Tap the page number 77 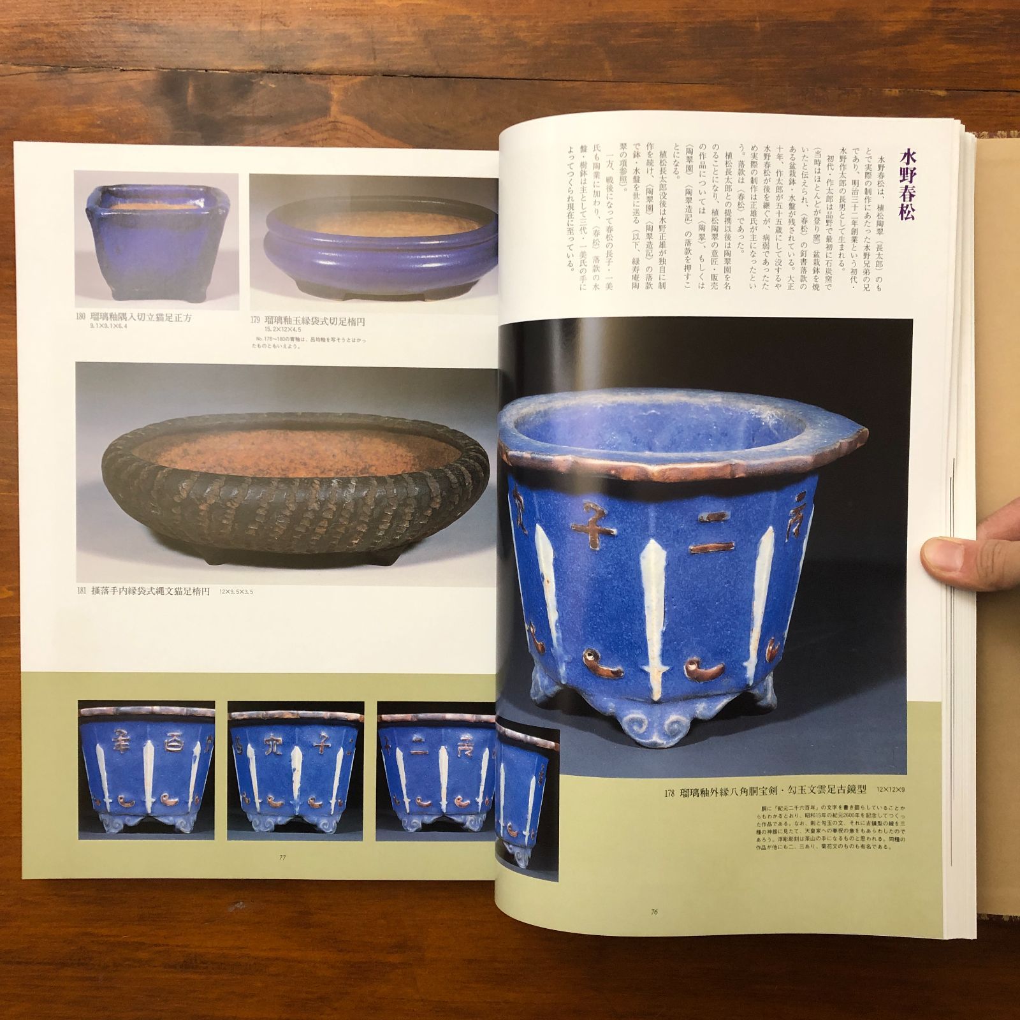click(282, 857)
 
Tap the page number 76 click(654, 912)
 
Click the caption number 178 click(669, 811)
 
